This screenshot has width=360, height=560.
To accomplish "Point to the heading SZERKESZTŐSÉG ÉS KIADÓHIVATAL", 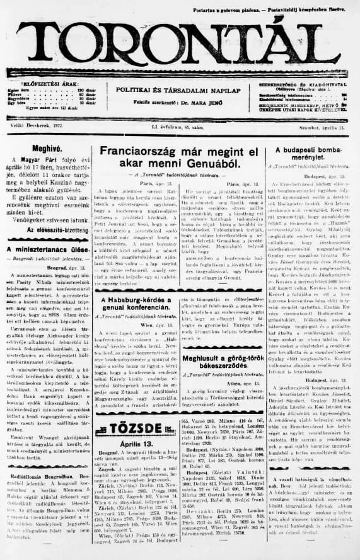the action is click(301, 84).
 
